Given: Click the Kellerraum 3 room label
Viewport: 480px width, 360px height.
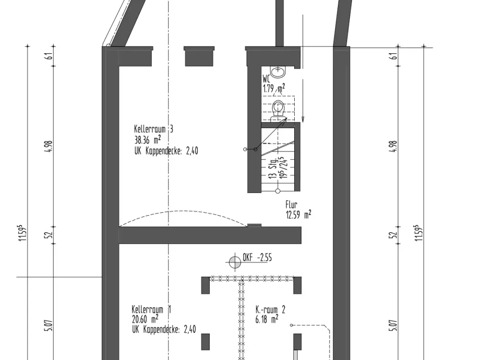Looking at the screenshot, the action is coord(154,129).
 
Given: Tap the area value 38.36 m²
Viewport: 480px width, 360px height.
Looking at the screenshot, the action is coord(147,140).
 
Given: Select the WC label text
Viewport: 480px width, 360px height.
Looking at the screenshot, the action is coord(266,79).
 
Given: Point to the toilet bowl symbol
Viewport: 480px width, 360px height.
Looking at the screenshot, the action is coord(278,108).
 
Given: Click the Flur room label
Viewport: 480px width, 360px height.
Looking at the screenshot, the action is coord(291,204).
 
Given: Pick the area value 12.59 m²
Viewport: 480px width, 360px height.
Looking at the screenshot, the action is coord(299,215).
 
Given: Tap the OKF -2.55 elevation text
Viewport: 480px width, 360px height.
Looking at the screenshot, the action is coord(257,258).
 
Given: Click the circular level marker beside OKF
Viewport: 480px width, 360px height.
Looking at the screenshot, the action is coord(235,262).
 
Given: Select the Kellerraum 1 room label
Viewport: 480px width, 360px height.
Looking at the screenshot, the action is coord(152,309).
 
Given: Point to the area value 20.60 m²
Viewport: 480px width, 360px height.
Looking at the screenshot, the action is coord(145,319).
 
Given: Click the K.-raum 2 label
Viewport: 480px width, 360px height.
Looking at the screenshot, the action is coord(270,310).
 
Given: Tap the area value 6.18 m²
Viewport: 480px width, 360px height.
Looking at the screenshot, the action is coord(267,319).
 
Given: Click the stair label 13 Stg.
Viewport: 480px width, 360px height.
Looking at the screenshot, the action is coord(272,168).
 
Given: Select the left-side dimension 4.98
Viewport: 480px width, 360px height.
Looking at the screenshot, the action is coord(50,146).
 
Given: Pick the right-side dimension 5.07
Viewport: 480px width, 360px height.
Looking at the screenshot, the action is coord(394,325).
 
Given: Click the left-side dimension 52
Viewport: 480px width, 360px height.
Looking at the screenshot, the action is coord(50,235).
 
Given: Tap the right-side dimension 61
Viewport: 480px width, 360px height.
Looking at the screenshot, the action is coord(394,56).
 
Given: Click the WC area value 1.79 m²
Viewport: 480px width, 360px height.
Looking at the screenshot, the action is coord(274,88).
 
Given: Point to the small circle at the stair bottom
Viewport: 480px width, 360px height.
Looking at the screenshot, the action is coord(277,191).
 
